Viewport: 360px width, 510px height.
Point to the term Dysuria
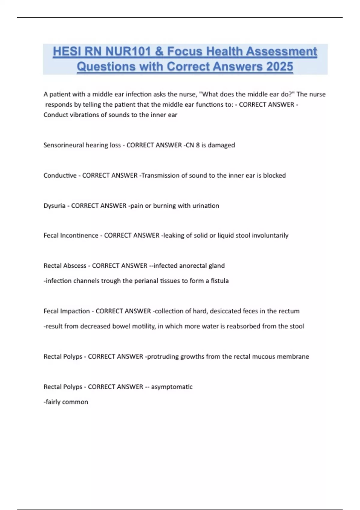(54, 206)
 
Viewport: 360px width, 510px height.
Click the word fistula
(220, 281)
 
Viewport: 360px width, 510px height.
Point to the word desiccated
(225, 311)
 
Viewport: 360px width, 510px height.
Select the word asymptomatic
(172, 387)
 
